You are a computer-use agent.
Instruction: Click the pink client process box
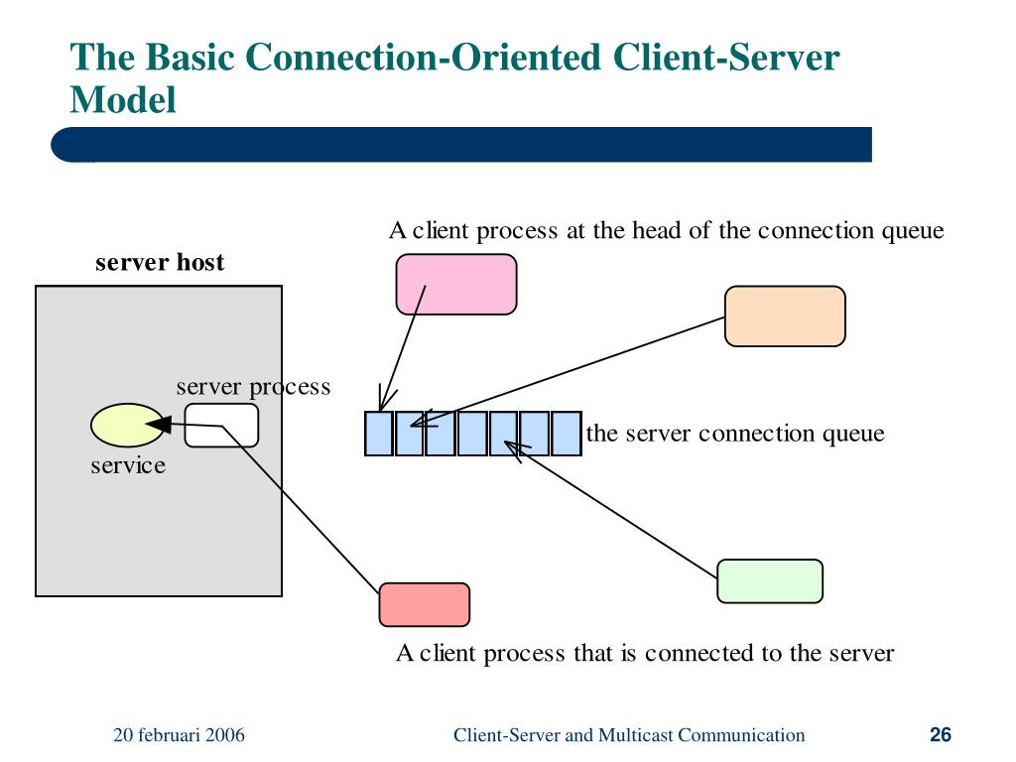pos(456,285)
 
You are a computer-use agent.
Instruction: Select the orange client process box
pos(785,317)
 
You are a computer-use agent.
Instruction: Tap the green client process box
pos(770,581)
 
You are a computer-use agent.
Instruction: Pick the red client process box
pos(425,604)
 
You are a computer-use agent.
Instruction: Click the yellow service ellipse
pos(128,425)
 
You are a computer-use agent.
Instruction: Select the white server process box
pos(221,425)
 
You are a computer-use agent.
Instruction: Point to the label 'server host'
pos(160,262)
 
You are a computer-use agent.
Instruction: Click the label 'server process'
pos(253,387)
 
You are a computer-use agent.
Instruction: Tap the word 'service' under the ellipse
pos(128,465)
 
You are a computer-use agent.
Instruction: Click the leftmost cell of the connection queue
pos(379,433)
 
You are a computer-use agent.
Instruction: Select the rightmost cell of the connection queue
pos(566,433)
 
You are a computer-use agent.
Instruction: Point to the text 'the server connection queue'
pos(735,434)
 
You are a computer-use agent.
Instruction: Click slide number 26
pos(941,734)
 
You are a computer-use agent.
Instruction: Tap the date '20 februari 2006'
pos(179,735)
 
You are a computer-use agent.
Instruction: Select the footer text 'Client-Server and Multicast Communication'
pos(629,735)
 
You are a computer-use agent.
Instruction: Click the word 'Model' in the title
pos(123,100)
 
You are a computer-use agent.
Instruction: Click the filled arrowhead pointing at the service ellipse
pos(159,425)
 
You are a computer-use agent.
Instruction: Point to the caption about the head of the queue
pos(666,230)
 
